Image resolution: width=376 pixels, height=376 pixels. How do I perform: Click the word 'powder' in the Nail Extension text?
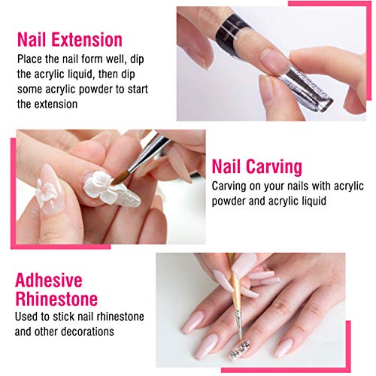(124, 88)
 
